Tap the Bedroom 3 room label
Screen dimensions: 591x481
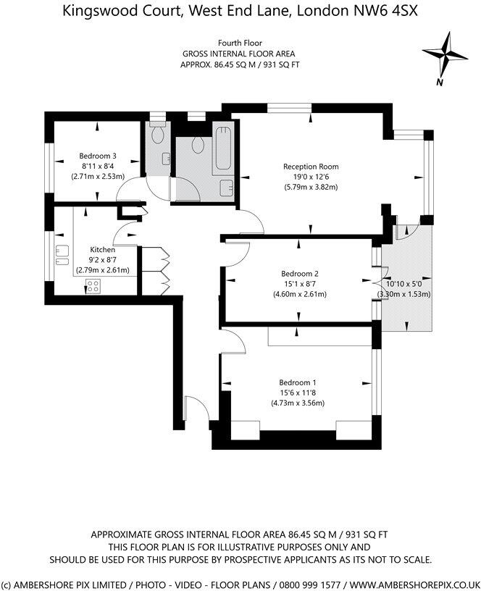[97, 156]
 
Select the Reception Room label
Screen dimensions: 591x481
[310, 167]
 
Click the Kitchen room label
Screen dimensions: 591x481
[102, 249]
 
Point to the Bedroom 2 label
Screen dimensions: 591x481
[300, 274]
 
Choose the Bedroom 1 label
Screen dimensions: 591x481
[298, 382]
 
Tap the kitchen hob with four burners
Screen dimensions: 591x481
[93, 285]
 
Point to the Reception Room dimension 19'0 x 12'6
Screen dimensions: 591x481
[310, 177]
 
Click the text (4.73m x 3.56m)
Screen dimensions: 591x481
[298, 403]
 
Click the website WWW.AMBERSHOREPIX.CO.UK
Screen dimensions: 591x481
[406, 583]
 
